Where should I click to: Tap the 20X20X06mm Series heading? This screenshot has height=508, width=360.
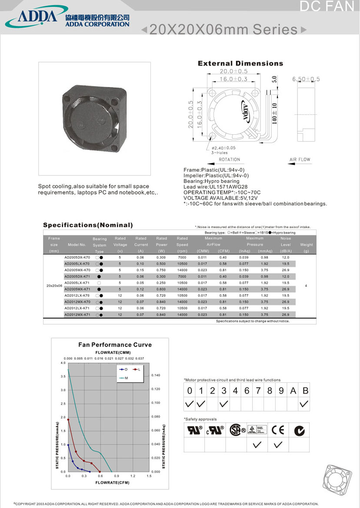(223, 30)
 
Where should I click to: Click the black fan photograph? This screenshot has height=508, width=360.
(95, 118)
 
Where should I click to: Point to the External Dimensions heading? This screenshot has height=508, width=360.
(240, 63)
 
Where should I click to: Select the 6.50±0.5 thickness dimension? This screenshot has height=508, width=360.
(306, 79)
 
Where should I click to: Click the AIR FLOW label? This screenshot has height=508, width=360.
(300, 160)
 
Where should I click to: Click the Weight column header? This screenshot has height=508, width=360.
(306, 245)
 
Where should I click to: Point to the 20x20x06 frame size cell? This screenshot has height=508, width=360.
(54, 286)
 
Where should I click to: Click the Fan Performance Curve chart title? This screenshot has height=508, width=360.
(115, 345)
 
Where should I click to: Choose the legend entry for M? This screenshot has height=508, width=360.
(124, 378)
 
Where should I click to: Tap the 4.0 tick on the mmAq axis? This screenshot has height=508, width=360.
(63, 362)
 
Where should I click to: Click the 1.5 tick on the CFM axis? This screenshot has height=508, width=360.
(149, 476)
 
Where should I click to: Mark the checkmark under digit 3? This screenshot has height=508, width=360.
(223, 404)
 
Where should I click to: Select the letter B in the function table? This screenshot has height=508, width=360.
(305, 391)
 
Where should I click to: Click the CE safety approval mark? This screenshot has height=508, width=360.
(277, 430)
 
